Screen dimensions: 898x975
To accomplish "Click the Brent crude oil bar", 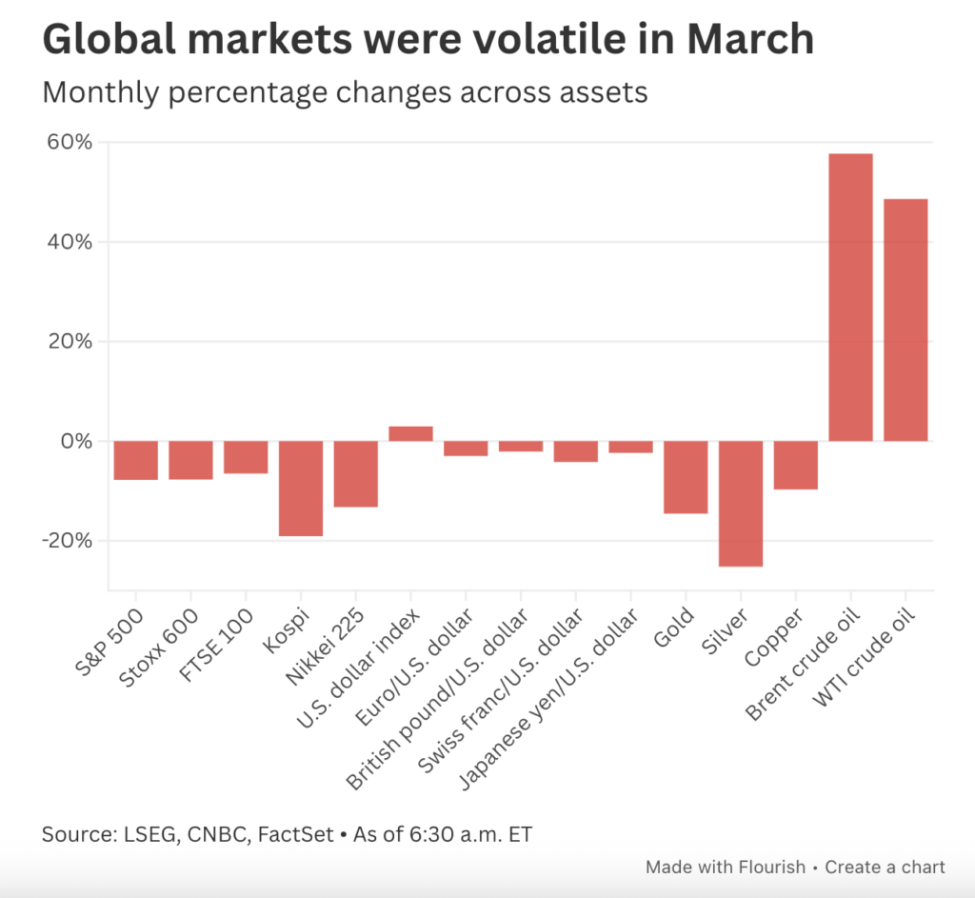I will [850, 297].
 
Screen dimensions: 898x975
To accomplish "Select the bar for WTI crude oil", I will [905, 320].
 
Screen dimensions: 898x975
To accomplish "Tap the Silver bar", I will [741, 504].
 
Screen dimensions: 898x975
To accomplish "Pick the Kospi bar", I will [301, 489].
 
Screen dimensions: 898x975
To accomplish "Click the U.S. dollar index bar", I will [410, 434].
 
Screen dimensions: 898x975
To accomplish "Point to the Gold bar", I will [686, 477].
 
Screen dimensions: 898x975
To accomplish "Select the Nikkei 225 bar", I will [356, 474].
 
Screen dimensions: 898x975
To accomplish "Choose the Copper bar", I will [796, 466].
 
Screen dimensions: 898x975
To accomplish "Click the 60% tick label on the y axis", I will [70, 143].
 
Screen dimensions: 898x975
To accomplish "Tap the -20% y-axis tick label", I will [68, 541].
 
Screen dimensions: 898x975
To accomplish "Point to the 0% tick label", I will [76, 442].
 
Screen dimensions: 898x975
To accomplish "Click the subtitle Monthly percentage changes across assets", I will [345, 93].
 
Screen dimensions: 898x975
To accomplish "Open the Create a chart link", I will [885, 867].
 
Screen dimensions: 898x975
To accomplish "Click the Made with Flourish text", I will [725, 867].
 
